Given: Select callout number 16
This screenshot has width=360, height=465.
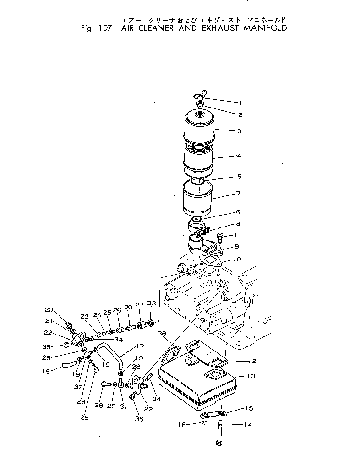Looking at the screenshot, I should (x=182, y=425).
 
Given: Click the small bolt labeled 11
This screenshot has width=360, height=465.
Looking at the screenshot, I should (x=219, y=238).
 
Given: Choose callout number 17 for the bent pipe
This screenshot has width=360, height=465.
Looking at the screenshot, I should (x=140, y=346).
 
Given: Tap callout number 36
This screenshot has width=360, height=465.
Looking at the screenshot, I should (x=162, y=334).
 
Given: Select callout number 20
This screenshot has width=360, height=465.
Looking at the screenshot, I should (x=49, y=309).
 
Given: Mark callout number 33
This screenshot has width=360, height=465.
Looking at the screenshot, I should (x=152, y=303).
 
